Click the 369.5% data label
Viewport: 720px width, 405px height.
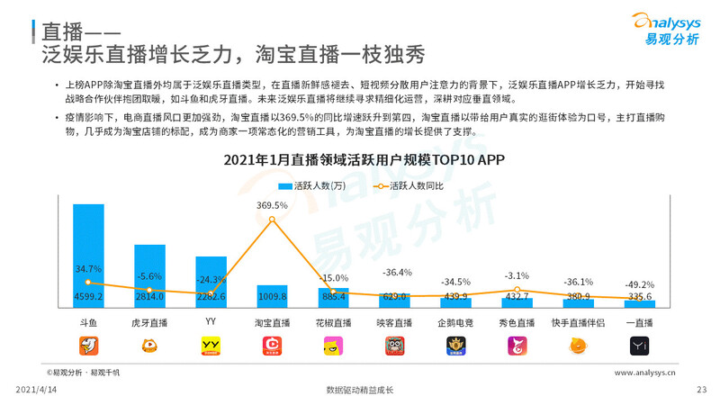coord(272,205)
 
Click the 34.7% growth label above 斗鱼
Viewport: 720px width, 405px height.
coord(88,269)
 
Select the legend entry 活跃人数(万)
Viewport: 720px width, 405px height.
coord(311,186)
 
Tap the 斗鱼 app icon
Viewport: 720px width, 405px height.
coord(88,345)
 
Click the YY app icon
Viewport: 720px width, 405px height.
coord(211,345)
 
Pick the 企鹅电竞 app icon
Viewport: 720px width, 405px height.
coord(455,345)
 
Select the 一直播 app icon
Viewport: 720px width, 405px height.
coord(639,345)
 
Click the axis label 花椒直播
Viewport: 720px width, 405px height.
coord(333,321)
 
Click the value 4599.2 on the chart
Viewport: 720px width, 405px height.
coord(88,297)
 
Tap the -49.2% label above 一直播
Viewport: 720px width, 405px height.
coord(639,284)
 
